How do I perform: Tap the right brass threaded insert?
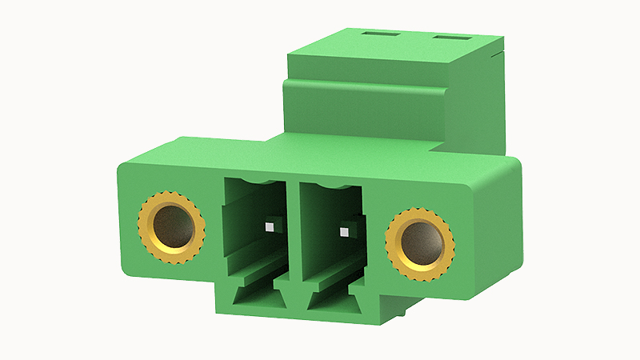click(420, 243)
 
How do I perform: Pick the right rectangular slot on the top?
click(451, 38)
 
